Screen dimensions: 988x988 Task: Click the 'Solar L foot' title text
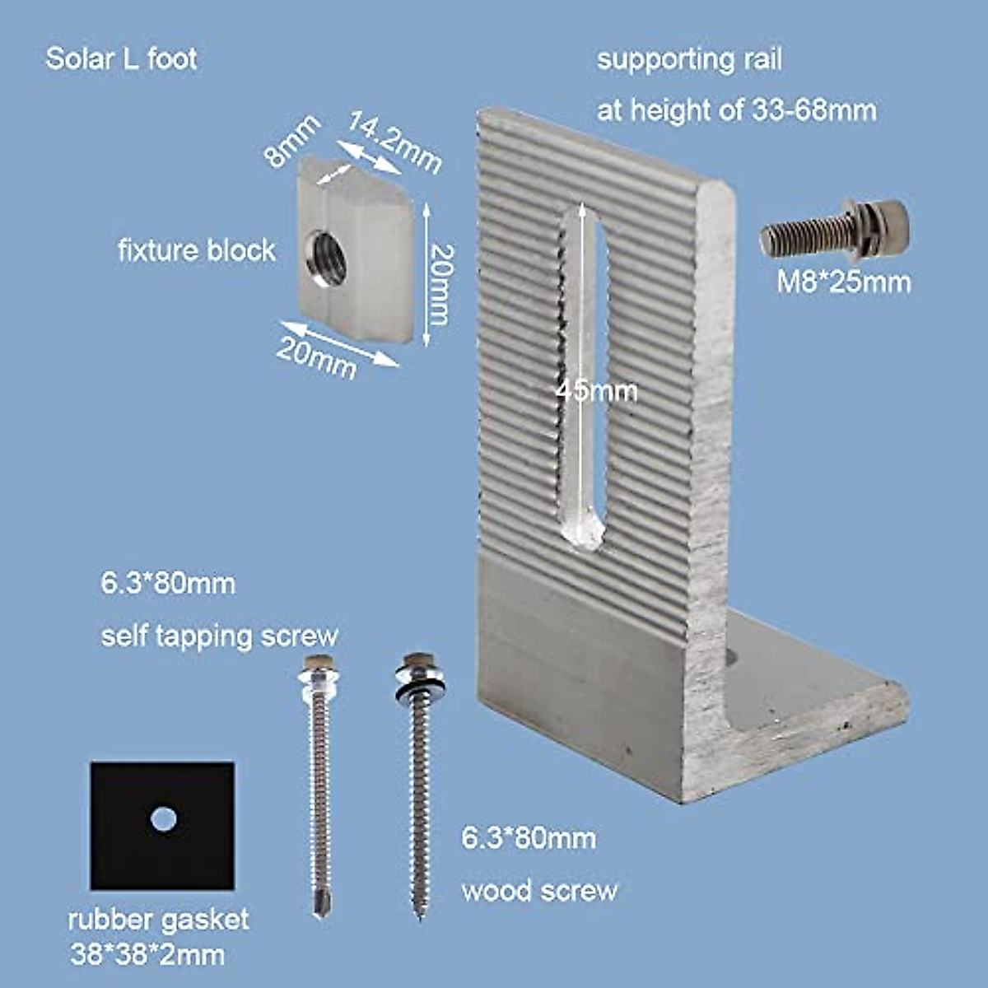(121, 59)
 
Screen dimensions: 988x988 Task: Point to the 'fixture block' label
(196, 250)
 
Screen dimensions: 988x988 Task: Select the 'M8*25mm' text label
(845, 282)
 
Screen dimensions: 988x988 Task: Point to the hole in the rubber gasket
(164, 819)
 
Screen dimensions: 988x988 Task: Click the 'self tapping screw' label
(219, 636)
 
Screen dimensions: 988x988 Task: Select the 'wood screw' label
(539, 891)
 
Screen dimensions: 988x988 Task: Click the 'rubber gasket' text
(158, 920)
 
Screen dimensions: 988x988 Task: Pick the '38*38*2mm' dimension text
(147, 955)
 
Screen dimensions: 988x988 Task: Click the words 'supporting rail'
(689, 60)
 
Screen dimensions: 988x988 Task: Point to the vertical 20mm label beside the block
(441, 284)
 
